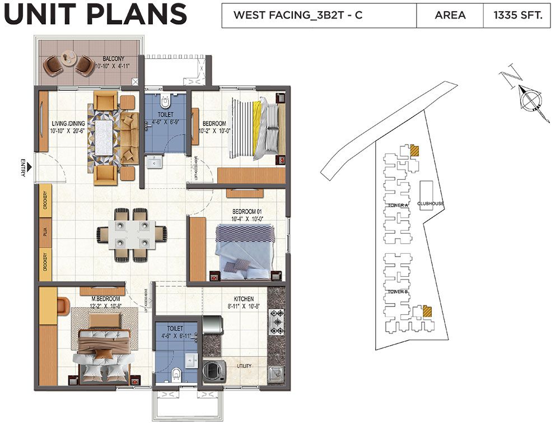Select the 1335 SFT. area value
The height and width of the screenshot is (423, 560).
pos(518,15)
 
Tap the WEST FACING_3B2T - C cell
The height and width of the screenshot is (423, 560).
pos(297,15)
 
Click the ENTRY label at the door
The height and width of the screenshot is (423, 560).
pos(23,168)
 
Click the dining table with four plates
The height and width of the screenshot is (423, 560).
pos(132,235)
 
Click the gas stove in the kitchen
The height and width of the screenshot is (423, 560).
pos(277,322)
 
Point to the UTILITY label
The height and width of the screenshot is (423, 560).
pos(244,366)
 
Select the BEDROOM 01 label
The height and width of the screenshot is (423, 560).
pos(248,211)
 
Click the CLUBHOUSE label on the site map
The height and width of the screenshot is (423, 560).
pos(430,203)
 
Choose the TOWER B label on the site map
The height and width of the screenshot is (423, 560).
pos(398,292)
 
